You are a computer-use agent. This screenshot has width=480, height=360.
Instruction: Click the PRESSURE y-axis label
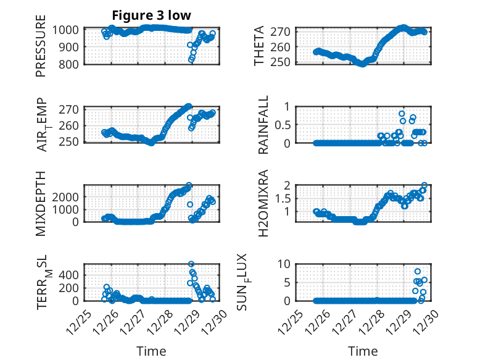tap(41, 49)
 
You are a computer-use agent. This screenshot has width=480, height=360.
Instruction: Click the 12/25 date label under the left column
tap(78, 322)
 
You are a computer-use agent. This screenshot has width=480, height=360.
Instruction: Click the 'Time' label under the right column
tap(363, 351)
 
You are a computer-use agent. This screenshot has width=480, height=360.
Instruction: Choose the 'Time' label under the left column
tap(151, 351)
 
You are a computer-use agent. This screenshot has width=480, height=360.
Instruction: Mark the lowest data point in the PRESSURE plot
tap(191, 60)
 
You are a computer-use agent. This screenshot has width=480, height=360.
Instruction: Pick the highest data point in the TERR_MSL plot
tap(191, 264)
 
